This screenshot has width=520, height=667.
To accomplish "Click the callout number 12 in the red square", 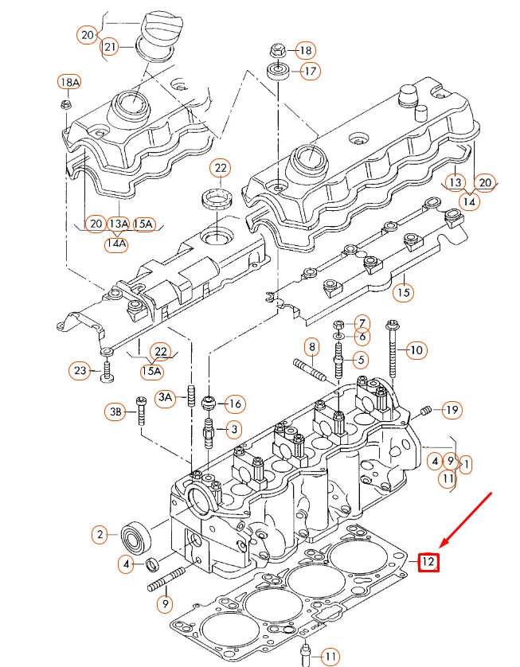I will point(428,562).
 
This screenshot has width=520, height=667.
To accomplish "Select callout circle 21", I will point(110,48).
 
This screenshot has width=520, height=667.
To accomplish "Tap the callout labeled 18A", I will point(69,82).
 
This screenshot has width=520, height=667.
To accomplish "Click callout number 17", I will point(310,72).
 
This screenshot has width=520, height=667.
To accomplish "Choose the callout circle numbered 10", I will point(416,349).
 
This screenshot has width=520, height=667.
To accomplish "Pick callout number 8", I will point(312,347).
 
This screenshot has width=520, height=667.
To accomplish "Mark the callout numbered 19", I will point(452,410).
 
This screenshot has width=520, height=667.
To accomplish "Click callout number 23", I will point(80,370).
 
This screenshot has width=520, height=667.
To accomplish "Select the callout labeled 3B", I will point(116,412).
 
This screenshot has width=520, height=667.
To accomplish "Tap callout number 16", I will point(234,403).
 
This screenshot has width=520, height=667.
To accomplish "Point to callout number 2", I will point(100,535).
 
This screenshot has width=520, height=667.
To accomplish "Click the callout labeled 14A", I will point(116,244).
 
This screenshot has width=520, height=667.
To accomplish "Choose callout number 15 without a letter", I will point(404,293).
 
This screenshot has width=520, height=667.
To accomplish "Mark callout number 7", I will point(361,323).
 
